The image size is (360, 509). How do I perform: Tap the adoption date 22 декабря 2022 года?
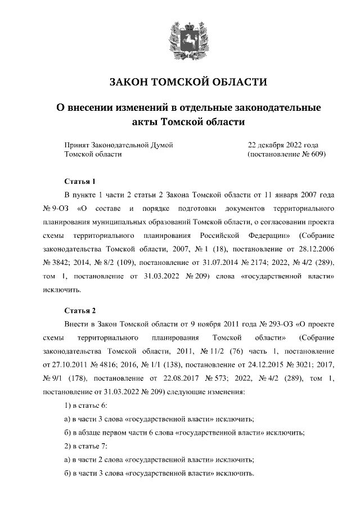tap(283, 145)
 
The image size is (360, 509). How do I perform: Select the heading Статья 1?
tap(80, 181)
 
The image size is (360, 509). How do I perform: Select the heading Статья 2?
tap(80, 310)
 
